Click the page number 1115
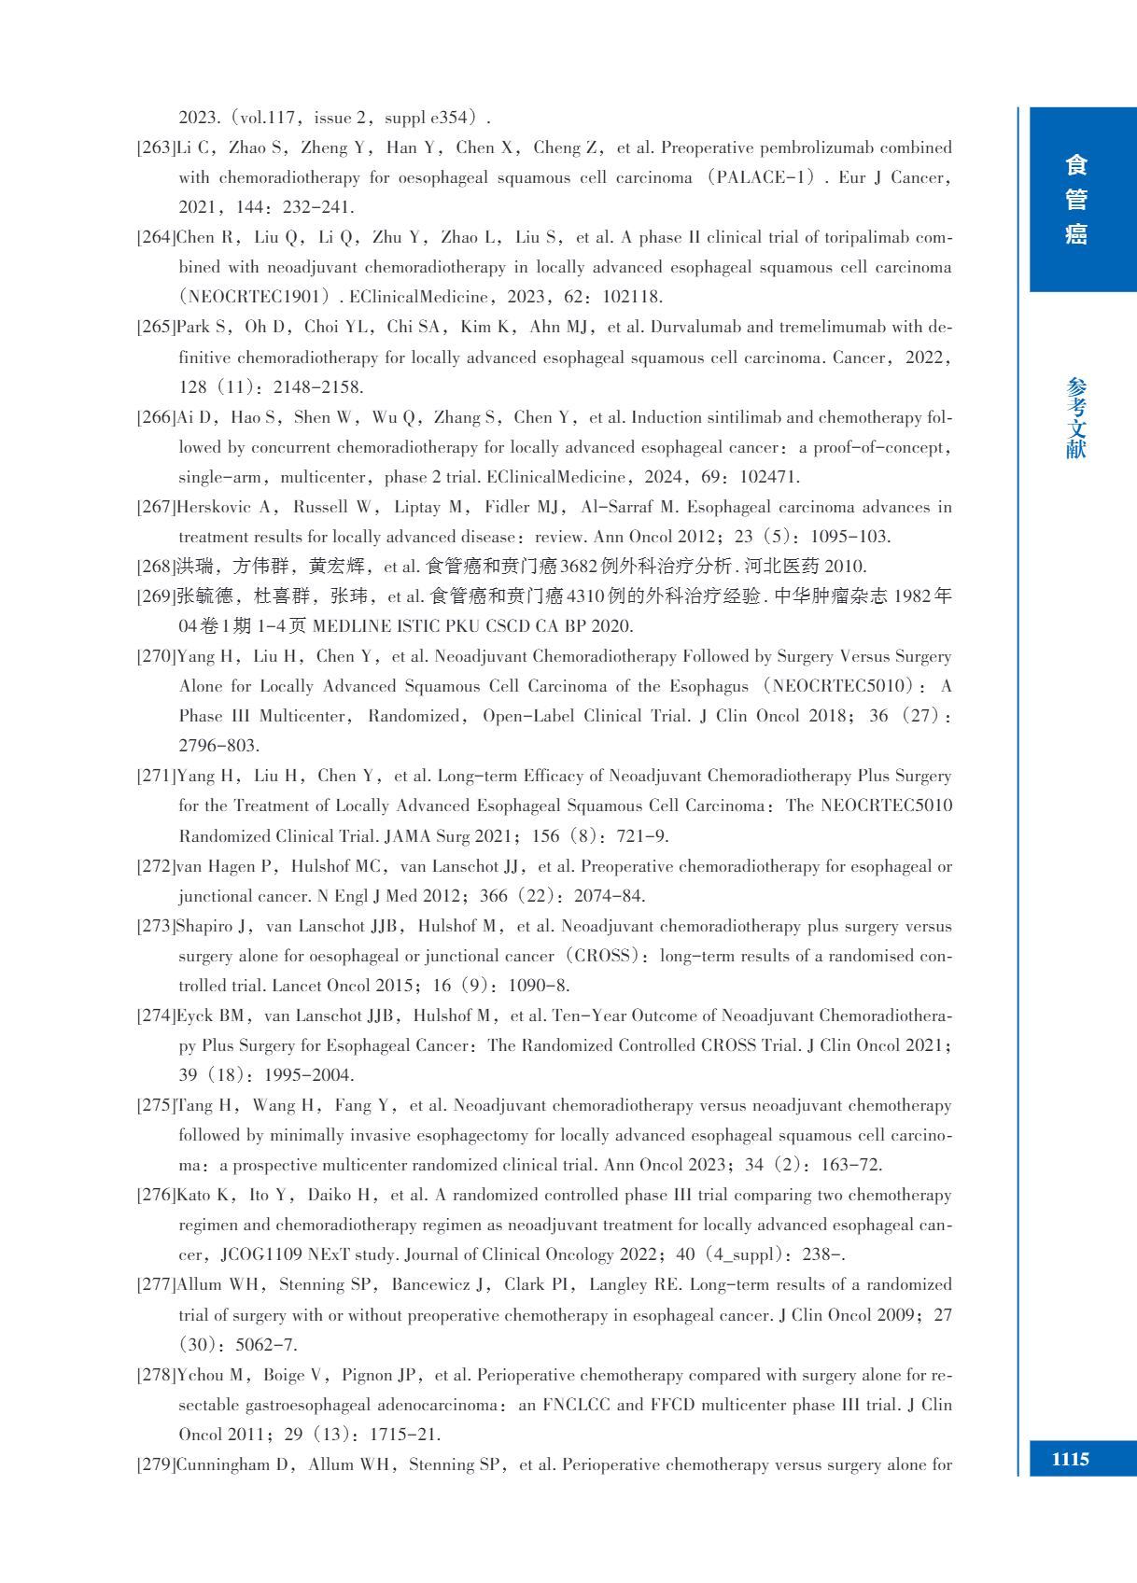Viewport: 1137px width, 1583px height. [x=1070, y=1460]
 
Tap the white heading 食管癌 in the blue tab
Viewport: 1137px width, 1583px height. [x=1076, y=200]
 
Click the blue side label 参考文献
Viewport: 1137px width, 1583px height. [x=1076, y=418]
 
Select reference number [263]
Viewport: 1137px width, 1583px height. [x=156, y=147]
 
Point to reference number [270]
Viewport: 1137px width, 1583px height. [x=156, y=656]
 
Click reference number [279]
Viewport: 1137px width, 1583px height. [x=156, y=1464]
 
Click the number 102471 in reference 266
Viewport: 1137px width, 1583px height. [x=768, y=477]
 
